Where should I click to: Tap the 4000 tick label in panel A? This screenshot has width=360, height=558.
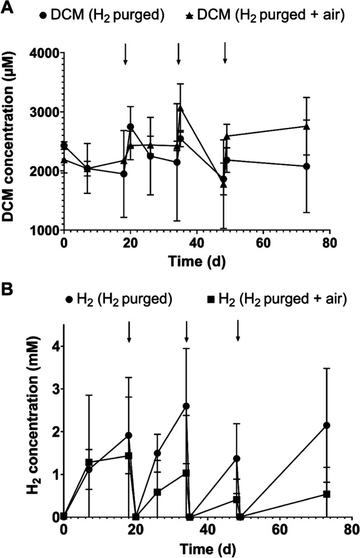pyautogui.click(x=44, y=54)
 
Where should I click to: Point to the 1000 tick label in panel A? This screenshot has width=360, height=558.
pyautogui.click(x=44, y=230)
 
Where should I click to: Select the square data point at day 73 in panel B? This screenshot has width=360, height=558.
pyautogui.click(x=327, y=494)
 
